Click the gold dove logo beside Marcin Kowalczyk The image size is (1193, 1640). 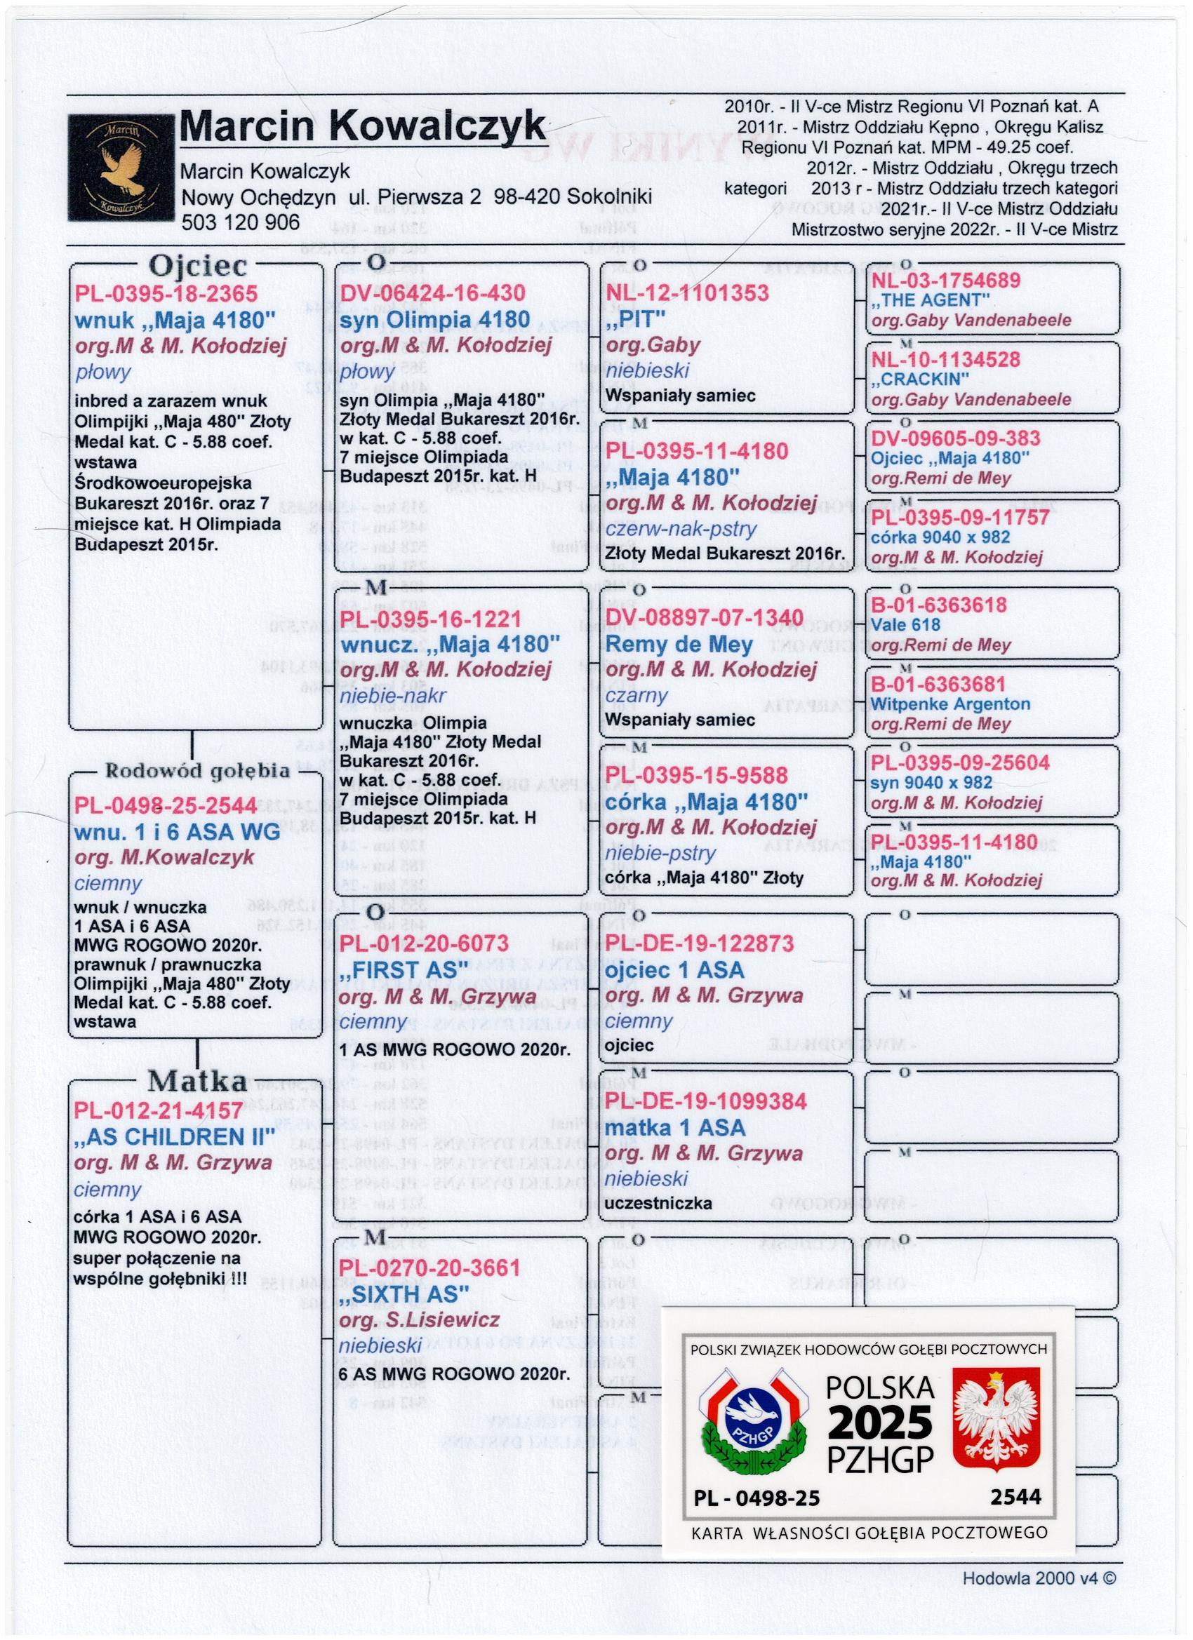pyautogui.click(x=121, y=168)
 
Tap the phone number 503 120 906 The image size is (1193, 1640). pyautogui.click(x=240, y=222)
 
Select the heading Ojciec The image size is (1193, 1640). pyautogui.click(x=197, y=267)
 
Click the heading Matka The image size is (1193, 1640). pyautogui.click(x=197, y=1081)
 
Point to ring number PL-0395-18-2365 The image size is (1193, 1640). pyautogui.click(x=166, y=294)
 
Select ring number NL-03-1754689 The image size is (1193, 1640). pyautogui.click(x=945, y=281)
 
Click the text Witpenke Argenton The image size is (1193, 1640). pyautogui.click(x=950, y=704)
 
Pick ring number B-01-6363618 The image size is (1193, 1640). pyautogui.click(x=938, y=605)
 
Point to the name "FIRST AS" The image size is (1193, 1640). pyautogui.click(x=399, y=969)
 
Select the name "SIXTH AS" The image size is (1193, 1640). pyautogui.click(x=404, y=1293)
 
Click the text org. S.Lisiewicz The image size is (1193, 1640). pyautogui.click(x=420, y=1319)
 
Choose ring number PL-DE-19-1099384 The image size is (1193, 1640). pyautogui.click(x=706, y=1101)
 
